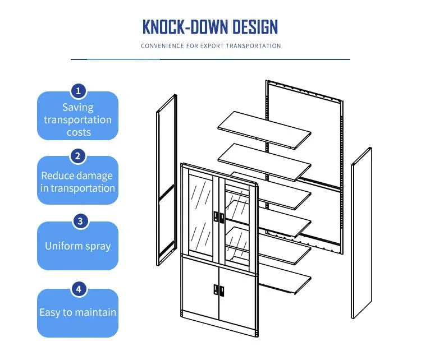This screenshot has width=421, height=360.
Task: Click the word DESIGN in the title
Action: pos(250,26)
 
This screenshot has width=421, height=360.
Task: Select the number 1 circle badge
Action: pos(79,91)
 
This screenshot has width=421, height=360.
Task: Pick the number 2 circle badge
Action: pos(79,156)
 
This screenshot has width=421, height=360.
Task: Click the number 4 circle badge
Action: pos(79,289)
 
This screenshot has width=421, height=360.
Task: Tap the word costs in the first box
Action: pos(78,132)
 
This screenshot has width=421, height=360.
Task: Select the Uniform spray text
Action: pos(78,246)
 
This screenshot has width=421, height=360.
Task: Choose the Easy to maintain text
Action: pos(78,312)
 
